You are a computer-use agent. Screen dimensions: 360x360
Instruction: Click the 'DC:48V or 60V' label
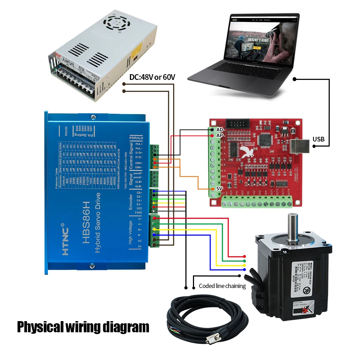coord(152,77)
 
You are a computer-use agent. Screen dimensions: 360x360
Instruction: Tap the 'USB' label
coord(319,139)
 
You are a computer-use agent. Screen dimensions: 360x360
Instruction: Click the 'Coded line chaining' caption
coord(222,286)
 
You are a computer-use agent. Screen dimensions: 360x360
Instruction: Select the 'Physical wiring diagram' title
coord(83,327)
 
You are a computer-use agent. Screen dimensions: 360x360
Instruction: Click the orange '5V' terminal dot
coord(213,189)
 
